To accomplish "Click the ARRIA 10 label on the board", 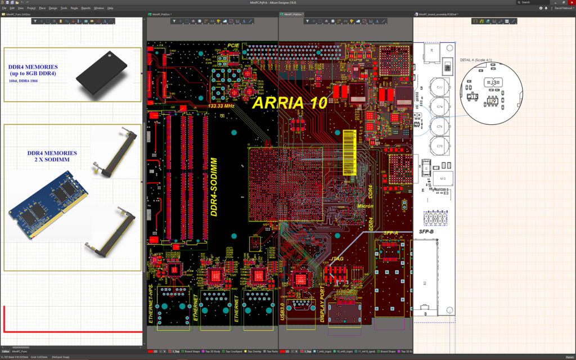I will point(296,103).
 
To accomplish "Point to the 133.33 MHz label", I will point(221,105).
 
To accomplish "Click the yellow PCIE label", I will point(233,45).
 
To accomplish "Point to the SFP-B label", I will point(426,231).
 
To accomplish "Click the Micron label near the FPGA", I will point(365,206).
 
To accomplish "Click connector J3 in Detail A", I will point(492,83).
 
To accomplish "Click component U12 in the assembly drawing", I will point(443,178).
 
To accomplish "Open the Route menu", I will point(74,8).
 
